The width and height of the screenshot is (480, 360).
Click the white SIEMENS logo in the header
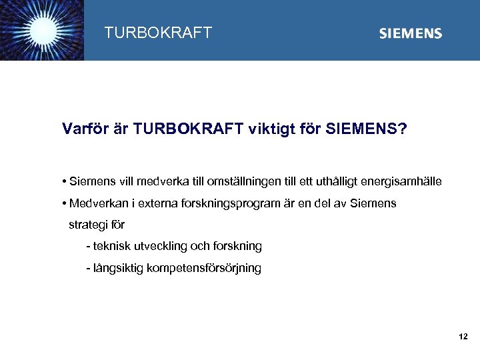click(410, 33)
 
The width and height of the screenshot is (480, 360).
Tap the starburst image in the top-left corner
click(41, 30)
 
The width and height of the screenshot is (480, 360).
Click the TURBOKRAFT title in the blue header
click(158, 33)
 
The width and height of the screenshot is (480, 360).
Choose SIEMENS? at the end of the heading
click(366, 128)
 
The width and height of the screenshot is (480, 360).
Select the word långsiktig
click(116, 268)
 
